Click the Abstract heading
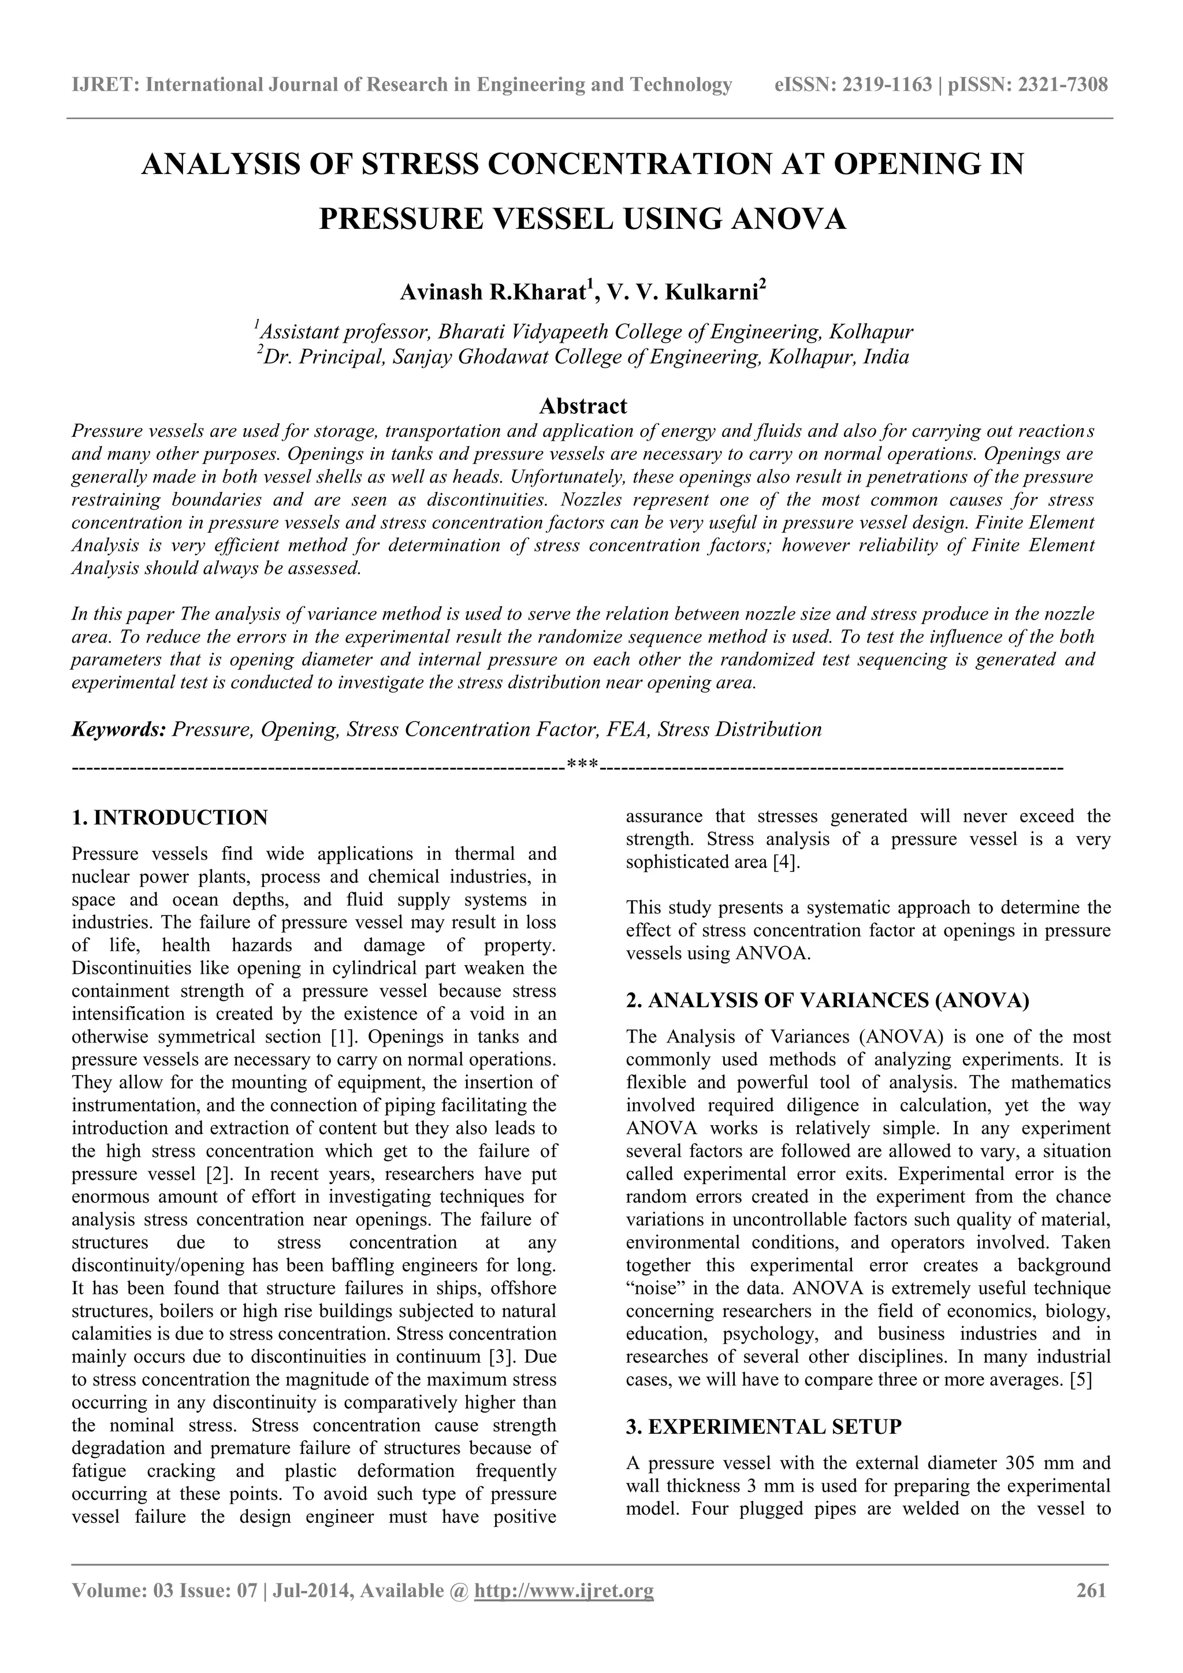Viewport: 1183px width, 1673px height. coord(583,405)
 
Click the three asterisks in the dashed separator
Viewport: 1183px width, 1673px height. coord(582,765)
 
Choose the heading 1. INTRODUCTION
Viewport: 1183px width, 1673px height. coord(170,818)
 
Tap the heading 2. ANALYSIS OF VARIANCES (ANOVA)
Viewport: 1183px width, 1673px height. coord(828,1000)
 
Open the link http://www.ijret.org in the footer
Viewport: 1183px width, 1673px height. coord(564,1611)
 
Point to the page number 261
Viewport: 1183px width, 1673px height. coord(1091,1611)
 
